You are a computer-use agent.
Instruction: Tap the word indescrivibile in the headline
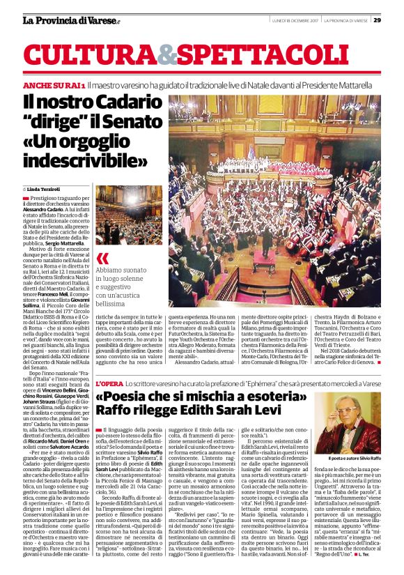point(91,161)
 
